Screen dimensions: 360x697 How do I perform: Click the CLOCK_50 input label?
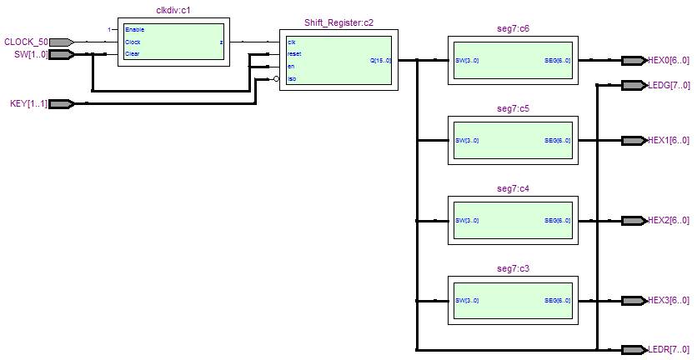point(26,42)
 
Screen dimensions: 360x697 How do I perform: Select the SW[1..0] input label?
point(26,54)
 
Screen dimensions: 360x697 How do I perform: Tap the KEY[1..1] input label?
point(28,103)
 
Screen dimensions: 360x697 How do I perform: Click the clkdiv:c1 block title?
point(173,11)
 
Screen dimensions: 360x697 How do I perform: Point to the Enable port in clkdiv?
point(134,29)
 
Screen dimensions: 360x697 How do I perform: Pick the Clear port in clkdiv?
point(133,53)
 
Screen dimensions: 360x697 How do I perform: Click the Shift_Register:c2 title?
point(338,23)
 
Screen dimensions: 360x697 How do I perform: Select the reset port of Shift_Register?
point(294,53)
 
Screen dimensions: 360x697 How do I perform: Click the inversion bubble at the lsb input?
point(276,79)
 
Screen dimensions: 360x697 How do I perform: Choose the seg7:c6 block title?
point(513,29)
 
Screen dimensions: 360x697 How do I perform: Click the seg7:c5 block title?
point(513,109)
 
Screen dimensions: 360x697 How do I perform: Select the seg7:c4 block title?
point(513,189)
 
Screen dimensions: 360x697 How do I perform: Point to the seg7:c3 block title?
point(513,269)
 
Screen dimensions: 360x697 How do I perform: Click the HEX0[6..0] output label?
point(668,60)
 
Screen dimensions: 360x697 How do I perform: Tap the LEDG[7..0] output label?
point(668,85)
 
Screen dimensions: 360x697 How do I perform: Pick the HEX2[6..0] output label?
point(668,221)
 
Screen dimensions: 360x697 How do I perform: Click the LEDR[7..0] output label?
point(668,349)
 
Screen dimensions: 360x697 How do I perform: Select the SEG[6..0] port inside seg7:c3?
point(557,301)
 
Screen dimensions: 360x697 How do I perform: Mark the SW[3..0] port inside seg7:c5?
point(467,140)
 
